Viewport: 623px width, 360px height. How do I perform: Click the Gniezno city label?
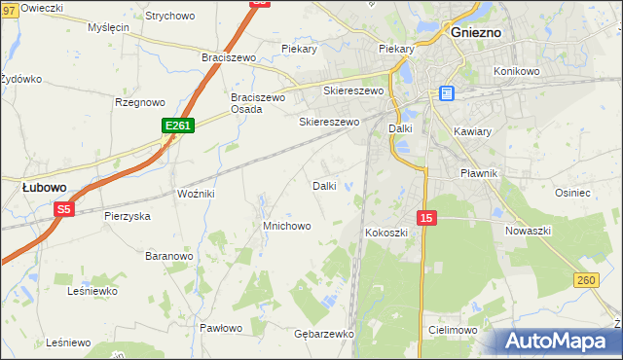(x=476, y=31)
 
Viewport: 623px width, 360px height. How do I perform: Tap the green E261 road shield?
(x=178, y=126)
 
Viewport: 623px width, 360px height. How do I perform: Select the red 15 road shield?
(x=426, y=218)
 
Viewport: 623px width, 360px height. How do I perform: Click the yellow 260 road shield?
(x=585, y=281)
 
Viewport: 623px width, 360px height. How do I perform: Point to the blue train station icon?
(x=447, y=93)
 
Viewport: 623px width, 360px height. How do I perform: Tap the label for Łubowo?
(x=44, y=187)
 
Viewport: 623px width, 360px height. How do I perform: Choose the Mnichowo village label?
(x=286, y=226)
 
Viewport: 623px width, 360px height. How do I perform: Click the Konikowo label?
(x=516, y=72)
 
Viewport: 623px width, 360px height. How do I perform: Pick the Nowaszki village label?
(x=529, y=231)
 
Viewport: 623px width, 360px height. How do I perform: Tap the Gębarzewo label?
(x=323, y=334)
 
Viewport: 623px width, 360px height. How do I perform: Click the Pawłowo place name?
(x=220, y=328)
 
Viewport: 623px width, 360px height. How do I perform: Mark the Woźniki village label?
(x=195, y=194)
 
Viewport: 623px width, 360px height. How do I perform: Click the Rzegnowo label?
(x=140, y=101)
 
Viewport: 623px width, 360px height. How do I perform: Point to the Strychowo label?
(x=169, y=16)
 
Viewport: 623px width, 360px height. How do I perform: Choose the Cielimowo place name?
(x=452, y=331)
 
